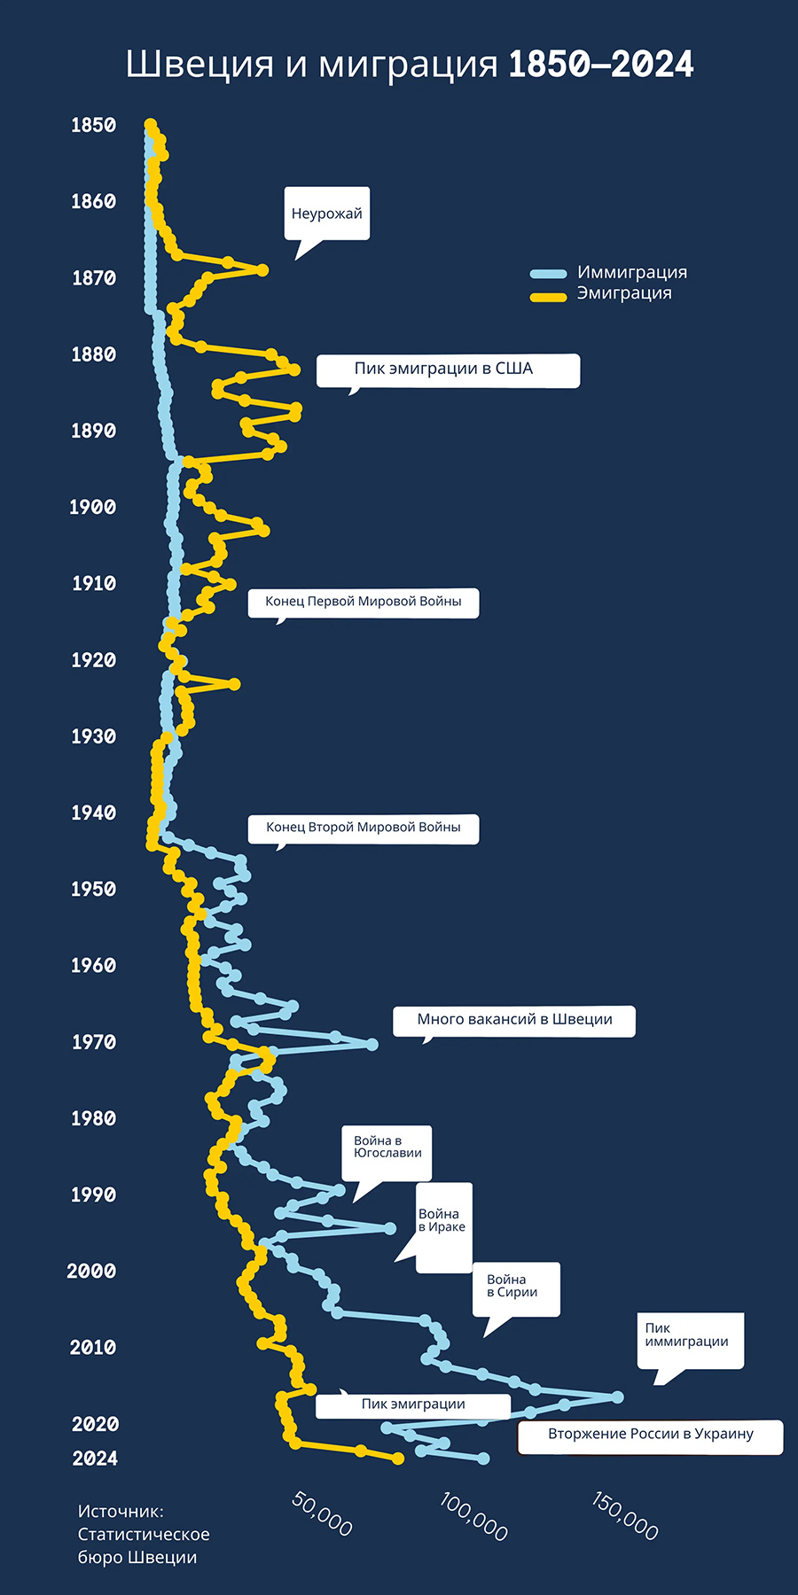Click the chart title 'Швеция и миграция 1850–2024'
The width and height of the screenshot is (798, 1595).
(x=409, y=65)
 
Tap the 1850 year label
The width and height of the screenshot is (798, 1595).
(x=93, y=125)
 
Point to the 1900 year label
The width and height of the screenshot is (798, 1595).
(x=92, y=507)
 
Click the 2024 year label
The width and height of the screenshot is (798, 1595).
(x=94, y=1459)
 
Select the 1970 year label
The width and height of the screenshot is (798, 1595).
(x=93, y=1042)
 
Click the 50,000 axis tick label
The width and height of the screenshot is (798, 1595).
(x=322, y=1514)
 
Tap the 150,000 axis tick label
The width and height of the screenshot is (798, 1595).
(x=625, y=1515)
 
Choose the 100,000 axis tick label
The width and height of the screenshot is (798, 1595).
(x=473, y=1515)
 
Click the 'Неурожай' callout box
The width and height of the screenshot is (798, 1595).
(x=326, y=214)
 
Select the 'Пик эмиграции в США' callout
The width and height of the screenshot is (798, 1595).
(x=448, y=370)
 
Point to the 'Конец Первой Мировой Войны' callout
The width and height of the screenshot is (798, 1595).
(x=363, y=602)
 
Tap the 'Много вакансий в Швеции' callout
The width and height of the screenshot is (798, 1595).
(x=514, y=1020)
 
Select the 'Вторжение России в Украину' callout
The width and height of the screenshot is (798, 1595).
(x=650, y=1434)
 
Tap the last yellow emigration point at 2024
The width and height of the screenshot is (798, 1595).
(x=398, y=1459)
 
